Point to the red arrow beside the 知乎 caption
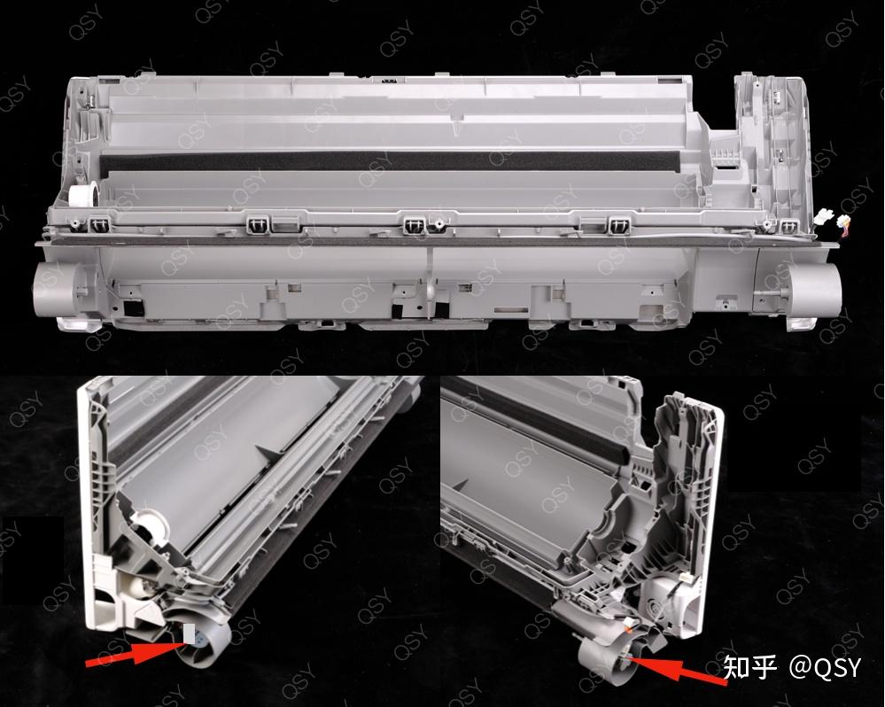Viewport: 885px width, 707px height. [x=678, y=669]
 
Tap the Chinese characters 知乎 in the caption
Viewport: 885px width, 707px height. [x=750, y=667]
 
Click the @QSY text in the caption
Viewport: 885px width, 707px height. [x=825, y=667]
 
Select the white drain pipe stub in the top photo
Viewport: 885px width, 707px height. [x=82, y=198]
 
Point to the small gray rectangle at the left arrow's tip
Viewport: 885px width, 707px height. [x=189, y=634]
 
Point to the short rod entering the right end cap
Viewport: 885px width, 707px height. [x=772, y=293]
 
